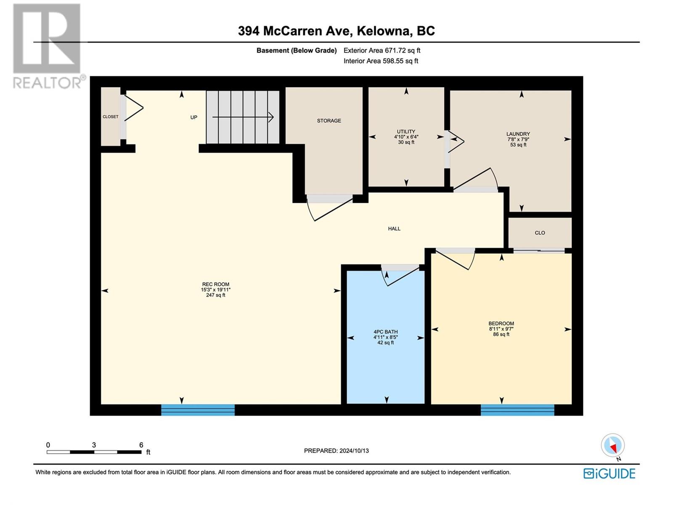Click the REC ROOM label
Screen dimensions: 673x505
pos(215,284)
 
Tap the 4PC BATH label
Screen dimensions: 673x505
pos(385,332)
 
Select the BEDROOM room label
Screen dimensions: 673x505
pos(501,324)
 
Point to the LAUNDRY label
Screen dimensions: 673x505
pos(518,134)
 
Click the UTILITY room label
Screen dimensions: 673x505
pos(406,132)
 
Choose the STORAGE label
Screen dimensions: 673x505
pos(329,121)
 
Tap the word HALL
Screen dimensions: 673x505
pos(394,229)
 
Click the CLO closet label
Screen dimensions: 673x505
pos(540,233)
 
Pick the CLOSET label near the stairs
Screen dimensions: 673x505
pos(110,117)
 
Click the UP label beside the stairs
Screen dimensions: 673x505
pos(194,117)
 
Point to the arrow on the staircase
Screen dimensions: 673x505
pos(243,117)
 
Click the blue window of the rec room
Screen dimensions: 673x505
pos(198,410)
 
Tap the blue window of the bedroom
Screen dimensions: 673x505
pos(517,410)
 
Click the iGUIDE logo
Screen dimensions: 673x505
pos(609,474)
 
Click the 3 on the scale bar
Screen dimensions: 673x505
pos(94,445)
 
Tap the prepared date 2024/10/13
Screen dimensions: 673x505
pos(354,451)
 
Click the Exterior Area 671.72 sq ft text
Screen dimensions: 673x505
pos(382,50)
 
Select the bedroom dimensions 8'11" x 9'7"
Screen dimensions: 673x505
pos(501,329)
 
